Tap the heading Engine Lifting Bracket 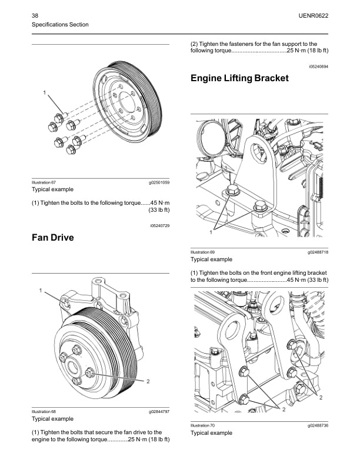click(240, 79)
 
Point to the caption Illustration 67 click(43, 182)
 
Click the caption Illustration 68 click(43, 412)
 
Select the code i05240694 click(318, 67)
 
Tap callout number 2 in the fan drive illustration click(148, 381)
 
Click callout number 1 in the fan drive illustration click(41, 290)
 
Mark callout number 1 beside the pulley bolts click(44, 92)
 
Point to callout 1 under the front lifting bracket click(210, 233)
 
